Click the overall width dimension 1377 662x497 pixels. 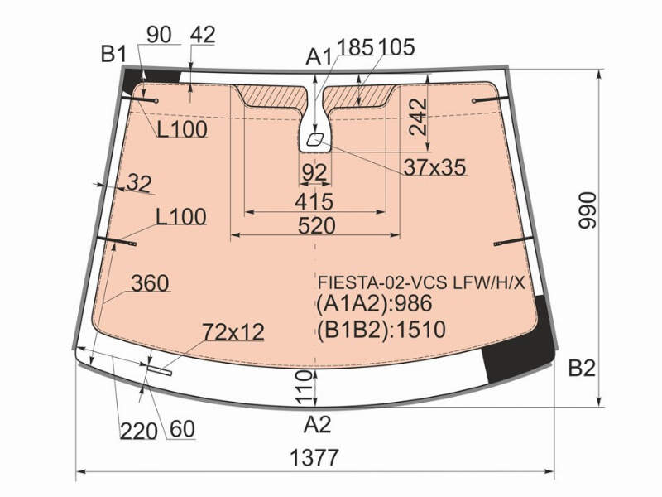coord(314,457)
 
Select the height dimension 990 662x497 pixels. coord(588,210)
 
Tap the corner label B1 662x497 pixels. coord(114,54)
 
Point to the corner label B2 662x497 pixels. coord(582,368)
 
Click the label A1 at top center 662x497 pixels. coord(319,56)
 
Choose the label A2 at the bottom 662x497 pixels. coord(317,424)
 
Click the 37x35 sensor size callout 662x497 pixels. coord(435,167)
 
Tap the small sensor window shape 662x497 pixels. coord(314,139)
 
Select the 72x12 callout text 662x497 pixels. coord(233,332)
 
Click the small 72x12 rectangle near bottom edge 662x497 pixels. coord(160,370)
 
